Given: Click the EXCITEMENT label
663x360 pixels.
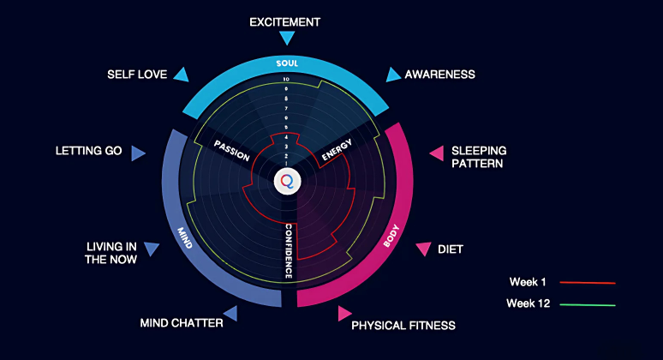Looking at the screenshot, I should (x=285, y=21).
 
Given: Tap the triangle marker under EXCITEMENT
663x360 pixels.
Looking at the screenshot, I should (x=287, y=38).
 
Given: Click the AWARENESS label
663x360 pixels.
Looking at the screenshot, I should (x=439, y=75).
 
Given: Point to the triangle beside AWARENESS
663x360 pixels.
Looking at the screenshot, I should (x=392, y=75).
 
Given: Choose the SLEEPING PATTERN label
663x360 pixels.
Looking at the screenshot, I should (x=478, y=157).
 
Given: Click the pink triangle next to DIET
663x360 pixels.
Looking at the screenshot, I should (x=423, y=249).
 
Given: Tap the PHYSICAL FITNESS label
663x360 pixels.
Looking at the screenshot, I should (x=403, y=325).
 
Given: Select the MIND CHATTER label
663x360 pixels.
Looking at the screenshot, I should (x=182, y=323).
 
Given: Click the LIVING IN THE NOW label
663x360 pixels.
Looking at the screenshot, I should (x=110, y=253).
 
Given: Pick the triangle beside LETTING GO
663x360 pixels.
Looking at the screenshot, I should (x=138, y=153).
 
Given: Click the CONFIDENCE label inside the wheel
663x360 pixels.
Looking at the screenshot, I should (x=289, y=250).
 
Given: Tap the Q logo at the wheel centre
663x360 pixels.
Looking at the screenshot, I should (x=287, y=182).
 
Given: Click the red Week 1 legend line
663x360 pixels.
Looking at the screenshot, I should (x=588, y=281).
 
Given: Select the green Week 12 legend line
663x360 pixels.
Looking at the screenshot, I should (x=588, y=303).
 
